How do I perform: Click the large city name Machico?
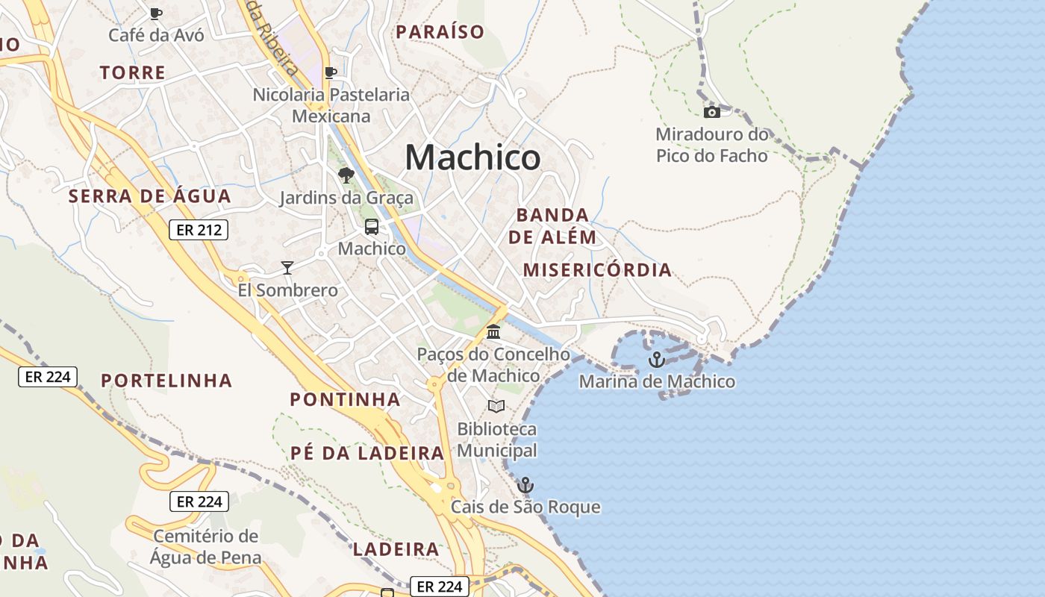click(x=472, y=157)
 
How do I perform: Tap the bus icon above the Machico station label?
click(x=372, y=227)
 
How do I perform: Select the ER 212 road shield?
click(x=198, y=230)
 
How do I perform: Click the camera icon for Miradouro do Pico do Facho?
click(x=712, y=113)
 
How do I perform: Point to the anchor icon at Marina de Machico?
click(x=656, y=360)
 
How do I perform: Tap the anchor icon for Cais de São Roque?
click(x=525, y=485)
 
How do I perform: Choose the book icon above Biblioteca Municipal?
click(x=496, y=407)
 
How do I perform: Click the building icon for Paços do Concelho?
click(x=493, y=332)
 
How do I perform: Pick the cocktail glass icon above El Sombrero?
click(x=287, y=268)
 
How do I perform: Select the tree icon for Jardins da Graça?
click(x=346, y=175)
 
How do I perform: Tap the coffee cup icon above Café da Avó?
click(x=156, y=13)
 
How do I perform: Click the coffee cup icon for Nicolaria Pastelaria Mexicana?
click(x=331, y=72)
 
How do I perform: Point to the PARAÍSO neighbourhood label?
click(x=440, y=32)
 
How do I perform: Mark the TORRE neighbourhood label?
click(x=132, y=73)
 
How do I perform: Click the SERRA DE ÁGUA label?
click(x=149, y=197)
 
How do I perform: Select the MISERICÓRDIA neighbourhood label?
click(x=597, y=270)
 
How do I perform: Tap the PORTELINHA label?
click(x=166, y=381)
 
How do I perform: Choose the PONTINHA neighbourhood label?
click(x=345, y=400)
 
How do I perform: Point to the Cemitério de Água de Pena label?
click(x=206, y=547)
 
